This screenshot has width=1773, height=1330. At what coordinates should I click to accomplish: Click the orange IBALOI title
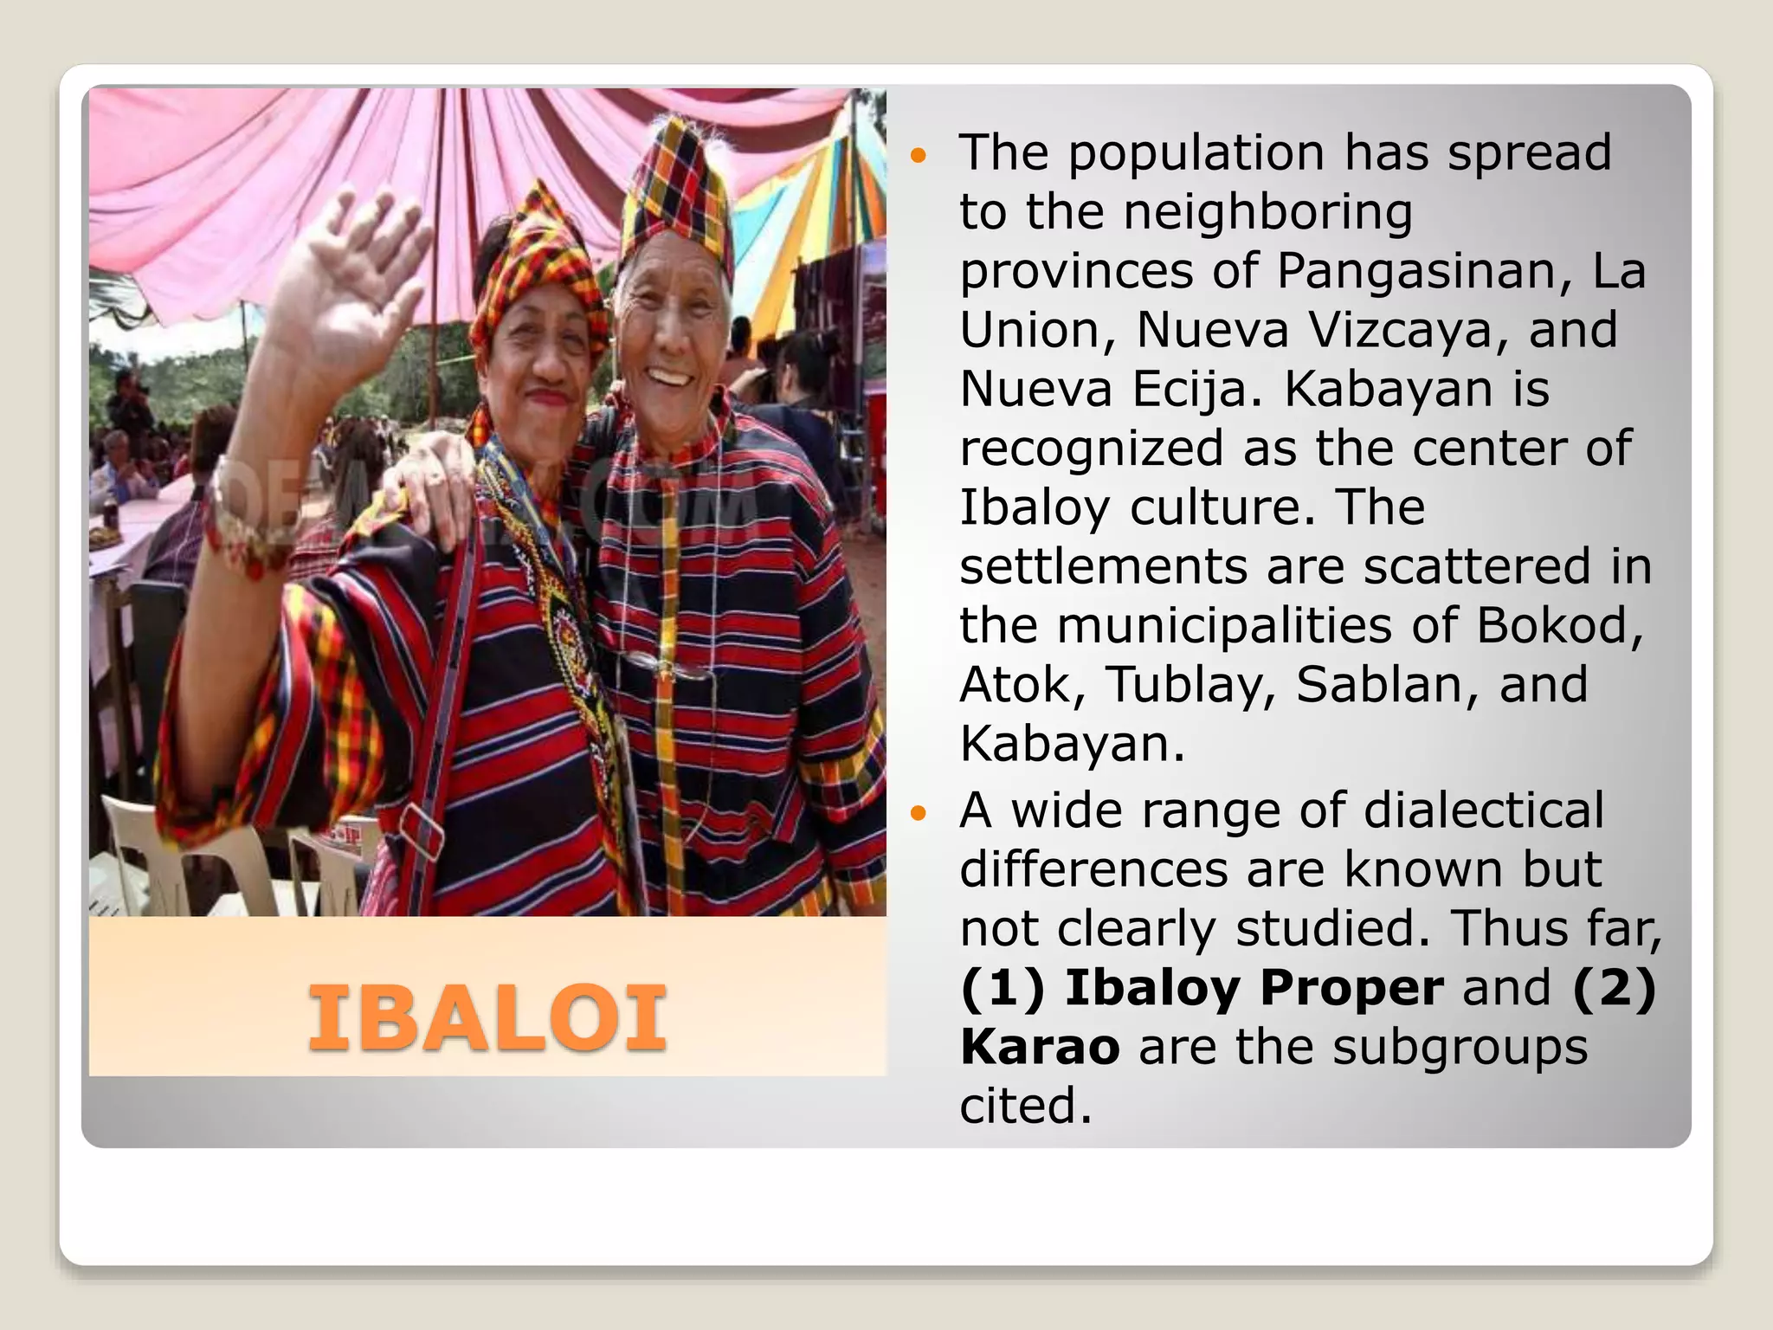point(487,1019)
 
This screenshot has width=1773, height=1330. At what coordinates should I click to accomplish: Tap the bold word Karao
point(1040,1047)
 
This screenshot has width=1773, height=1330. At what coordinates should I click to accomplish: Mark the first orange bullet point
point(919,157)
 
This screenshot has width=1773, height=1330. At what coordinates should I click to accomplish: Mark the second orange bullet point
point(919,814)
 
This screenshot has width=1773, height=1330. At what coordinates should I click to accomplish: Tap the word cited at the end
point(1025,1107)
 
